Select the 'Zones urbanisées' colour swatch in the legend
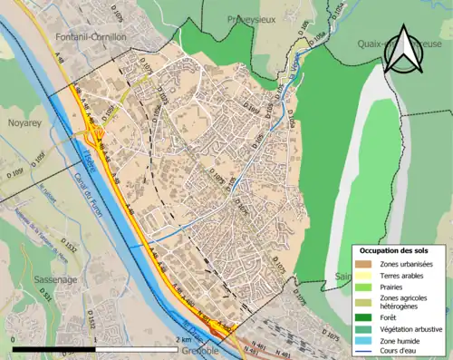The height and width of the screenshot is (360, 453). (x=363, y=263)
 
